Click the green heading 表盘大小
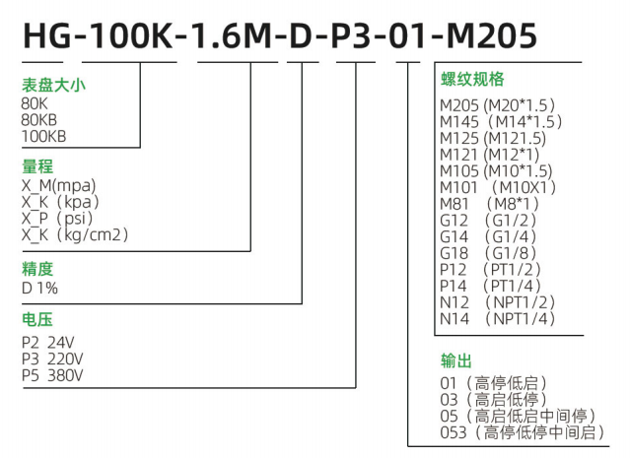(53, 85)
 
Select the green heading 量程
(37, 166)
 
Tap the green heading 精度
(37, 268)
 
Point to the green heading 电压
(37, 321)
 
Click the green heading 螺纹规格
(472, 79)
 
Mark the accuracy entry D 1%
(39, 288)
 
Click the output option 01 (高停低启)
(493, 383)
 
